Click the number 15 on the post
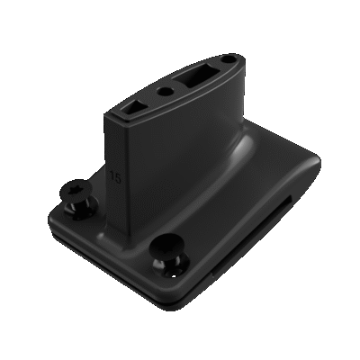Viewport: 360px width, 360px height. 116,177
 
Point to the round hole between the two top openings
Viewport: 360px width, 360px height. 165,93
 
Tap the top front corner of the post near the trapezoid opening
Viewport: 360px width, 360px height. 109,115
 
